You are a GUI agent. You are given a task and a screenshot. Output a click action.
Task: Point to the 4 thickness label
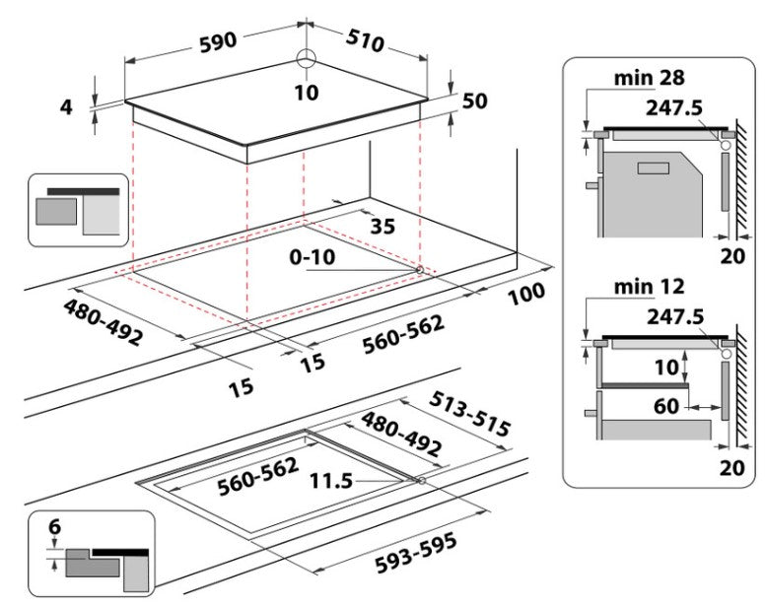[x=67, y=106]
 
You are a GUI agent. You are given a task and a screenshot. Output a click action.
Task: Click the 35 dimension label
[x=382, y=227]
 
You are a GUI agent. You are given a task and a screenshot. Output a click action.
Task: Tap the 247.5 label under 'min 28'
[x=675, y=107]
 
